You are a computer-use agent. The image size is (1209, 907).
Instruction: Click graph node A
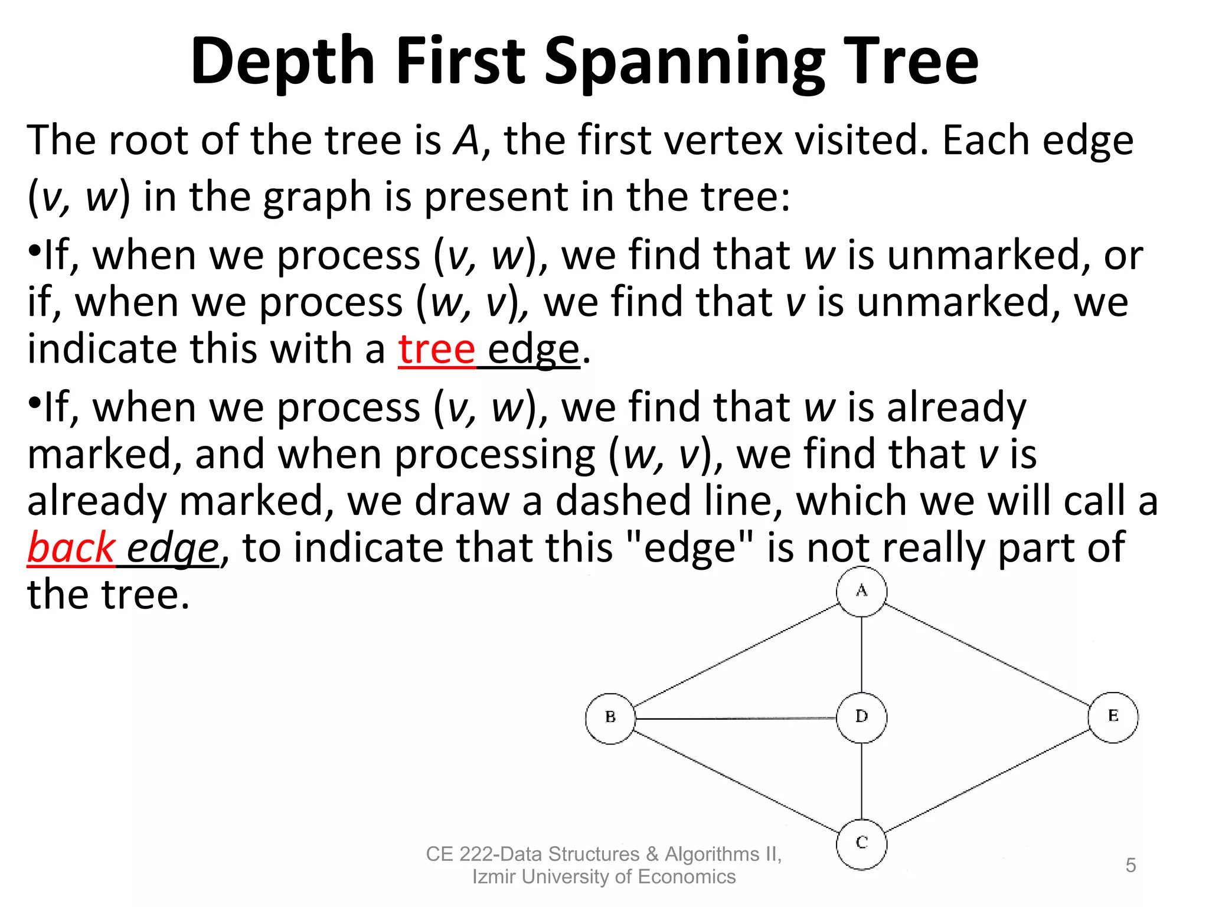861,591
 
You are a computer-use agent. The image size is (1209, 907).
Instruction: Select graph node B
610,718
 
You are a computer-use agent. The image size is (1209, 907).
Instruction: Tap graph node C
861,844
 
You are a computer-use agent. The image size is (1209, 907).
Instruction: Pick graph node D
861,717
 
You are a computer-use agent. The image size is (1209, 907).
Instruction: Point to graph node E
1113,717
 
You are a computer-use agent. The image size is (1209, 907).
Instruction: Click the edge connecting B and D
736,719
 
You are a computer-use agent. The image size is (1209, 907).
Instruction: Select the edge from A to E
987,654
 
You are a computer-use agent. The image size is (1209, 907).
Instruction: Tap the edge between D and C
861,781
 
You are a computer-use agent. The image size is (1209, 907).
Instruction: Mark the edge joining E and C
987,781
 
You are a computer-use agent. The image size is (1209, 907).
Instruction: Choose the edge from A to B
736,654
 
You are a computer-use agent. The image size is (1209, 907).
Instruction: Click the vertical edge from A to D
861,646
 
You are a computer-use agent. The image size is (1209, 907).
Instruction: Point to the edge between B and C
736,781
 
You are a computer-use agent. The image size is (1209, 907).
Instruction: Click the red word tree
436,350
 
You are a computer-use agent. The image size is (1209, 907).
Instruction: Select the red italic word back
71,548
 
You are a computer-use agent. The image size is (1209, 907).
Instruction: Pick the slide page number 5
1130,865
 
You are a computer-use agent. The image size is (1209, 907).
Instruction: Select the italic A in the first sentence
466,141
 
